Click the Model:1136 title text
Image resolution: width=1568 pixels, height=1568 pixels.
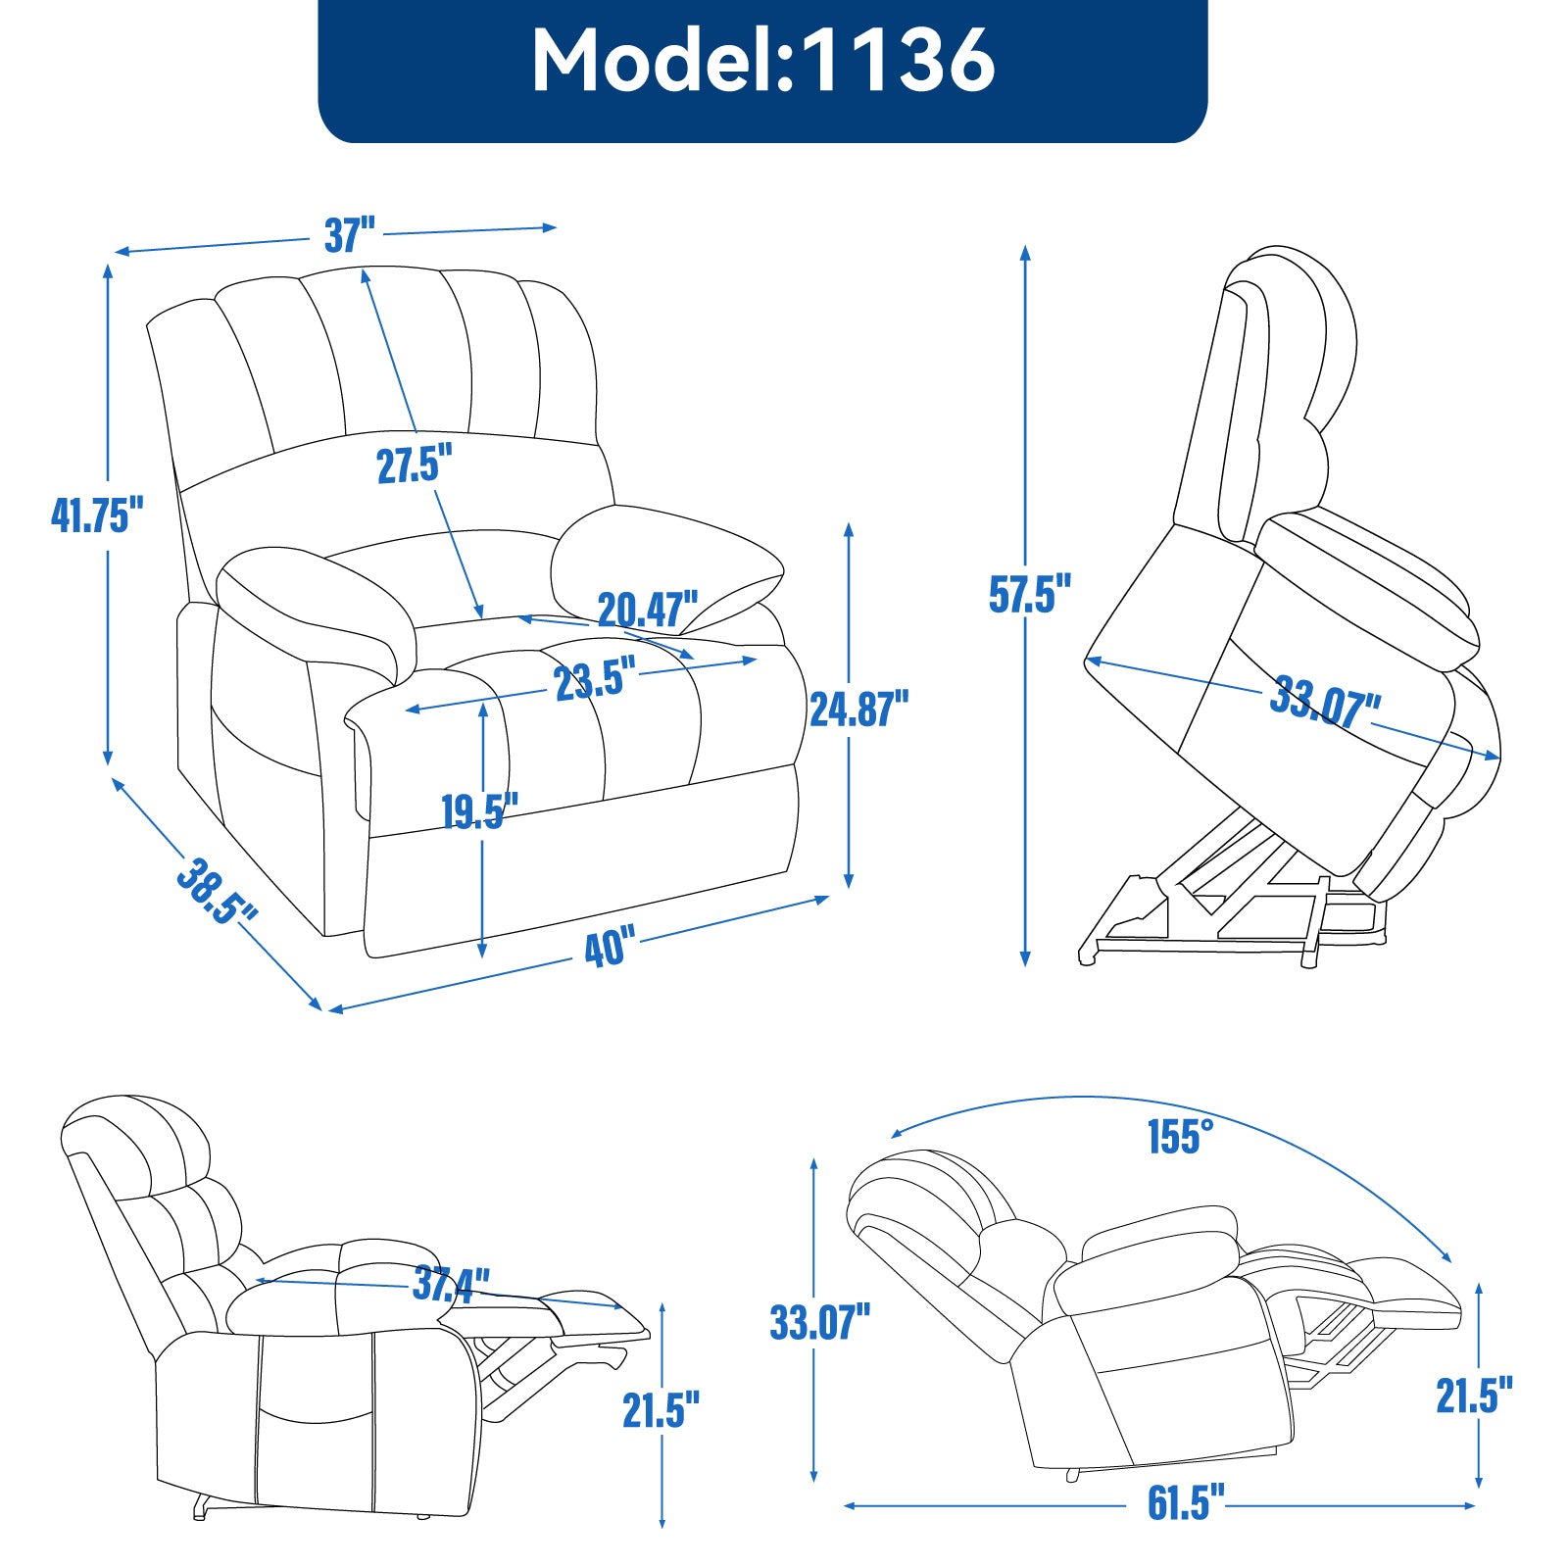coord(762,61)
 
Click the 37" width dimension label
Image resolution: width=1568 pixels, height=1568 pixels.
coord(350,235)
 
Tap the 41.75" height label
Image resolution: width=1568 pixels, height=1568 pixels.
coord(97,514)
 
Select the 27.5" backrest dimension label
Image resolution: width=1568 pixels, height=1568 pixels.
coord(415,464)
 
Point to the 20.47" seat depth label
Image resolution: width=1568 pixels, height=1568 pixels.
coord(648,610)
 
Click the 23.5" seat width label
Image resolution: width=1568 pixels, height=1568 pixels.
coord(595,679)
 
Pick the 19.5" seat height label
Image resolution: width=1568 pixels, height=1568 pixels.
coord(478,811)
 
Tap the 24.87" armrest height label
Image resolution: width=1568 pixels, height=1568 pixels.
coord(858,709)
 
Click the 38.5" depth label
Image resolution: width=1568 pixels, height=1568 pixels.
coord(216,890)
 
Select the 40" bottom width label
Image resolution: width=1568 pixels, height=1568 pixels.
coord(609,948)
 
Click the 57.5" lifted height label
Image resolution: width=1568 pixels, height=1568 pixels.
coord(1029,594)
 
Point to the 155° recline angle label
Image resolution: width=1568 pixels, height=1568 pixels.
coord(1180,1137)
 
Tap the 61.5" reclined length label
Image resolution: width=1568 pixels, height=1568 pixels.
coord(1186,1502)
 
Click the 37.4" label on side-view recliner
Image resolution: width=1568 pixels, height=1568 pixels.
coord(451,1283)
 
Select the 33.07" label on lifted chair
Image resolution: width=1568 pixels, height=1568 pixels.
coord(1325,702)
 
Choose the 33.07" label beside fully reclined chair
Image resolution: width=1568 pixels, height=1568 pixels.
coord(819,1322)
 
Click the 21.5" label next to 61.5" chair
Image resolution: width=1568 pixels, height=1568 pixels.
coord(1474,1396)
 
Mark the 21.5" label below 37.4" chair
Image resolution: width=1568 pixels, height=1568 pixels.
coord(661,1410)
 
